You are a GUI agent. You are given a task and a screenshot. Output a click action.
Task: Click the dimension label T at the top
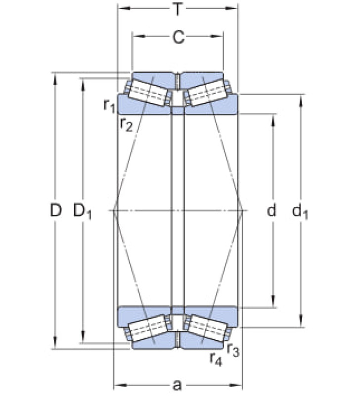pyautogui.click(x=178, y=9)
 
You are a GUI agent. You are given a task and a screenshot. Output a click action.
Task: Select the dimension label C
pyautogui.click(x=179, y=38)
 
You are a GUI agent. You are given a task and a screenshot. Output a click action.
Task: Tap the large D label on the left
pyautogui.click(x=56, y=210)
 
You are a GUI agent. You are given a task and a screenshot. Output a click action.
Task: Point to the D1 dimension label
pyautogui.click(x=82, y=212)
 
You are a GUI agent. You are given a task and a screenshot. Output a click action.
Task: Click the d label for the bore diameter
pyautogui.click(x=271, y=210)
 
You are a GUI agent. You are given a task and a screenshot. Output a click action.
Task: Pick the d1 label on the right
pyautogui.click(x=300, y=212)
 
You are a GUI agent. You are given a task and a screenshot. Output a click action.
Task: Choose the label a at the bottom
pyautogui.click(x=178, y=386)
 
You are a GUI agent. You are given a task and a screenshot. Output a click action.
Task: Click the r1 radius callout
pyautogui.click(x=109, y=105)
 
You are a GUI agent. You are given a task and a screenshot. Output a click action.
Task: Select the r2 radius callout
pyautogui.click(x=127, y=125)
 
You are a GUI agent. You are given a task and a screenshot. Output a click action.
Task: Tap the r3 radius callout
pyautogui.click(x=233, y=350)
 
